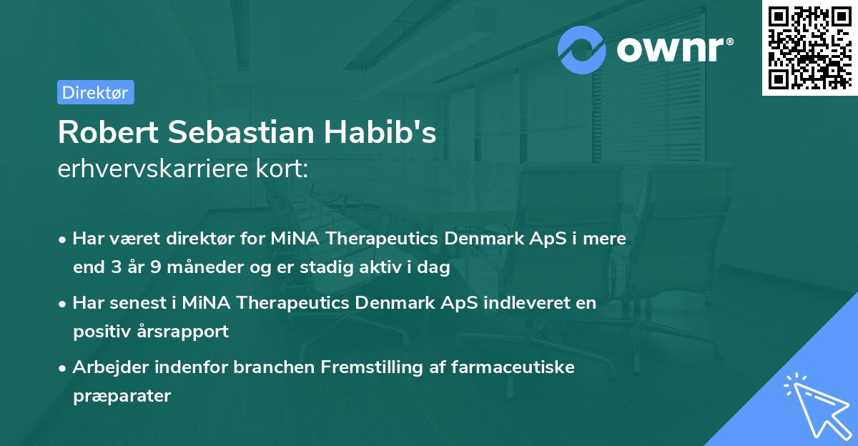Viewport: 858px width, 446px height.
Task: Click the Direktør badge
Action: coord(95,92)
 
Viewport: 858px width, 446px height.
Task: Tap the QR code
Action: coord(809,47)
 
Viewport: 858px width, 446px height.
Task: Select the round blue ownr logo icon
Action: coord(582,49)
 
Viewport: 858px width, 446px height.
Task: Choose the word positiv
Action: coord(100,332)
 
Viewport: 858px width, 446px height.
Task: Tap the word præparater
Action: coord(122,395)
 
